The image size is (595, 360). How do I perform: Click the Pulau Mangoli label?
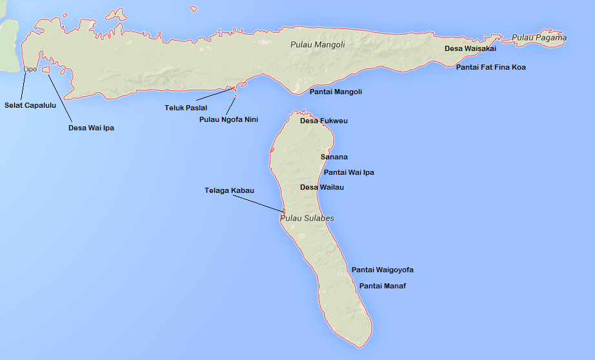click(318, 45)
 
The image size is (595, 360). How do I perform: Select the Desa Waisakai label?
click(470, 48)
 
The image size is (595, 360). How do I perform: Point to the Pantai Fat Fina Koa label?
click(490, 67)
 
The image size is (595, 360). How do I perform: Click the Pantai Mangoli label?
click(336, 92)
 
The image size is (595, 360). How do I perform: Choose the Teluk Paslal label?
click(186, 108)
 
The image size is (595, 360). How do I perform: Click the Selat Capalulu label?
click(29, 105)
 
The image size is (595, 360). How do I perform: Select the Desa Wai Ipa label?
click(91, 128)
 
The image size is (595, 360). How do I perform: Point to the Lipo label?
click(30, 69)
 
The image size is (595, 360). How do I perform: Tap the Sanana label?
click(334, 157)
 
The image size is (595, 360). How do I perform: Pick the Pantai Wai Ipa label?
click(348, 172)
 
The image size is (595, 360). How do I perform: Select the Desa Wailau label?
click(322, 187)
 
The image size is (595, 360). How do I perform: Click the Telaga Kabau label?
click(229, 190)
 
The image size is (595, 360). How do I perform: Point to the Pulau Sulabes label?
click(307, 218)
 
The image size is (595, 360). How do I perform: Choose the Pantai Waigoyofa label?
click(382, 270)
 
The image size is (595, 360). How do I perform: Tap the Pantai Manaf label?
click(383, 286)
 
